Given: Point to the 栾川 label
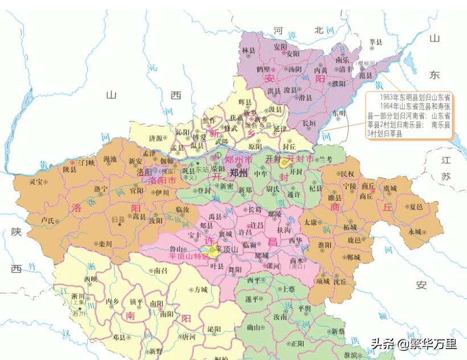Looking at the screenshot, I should [105, 243].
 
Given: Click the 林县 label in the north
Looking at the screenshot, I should [249, 51].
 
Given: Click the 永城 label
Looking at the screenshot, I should [415, 232].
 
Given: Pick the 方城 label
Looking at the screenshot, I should [200, 289].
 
